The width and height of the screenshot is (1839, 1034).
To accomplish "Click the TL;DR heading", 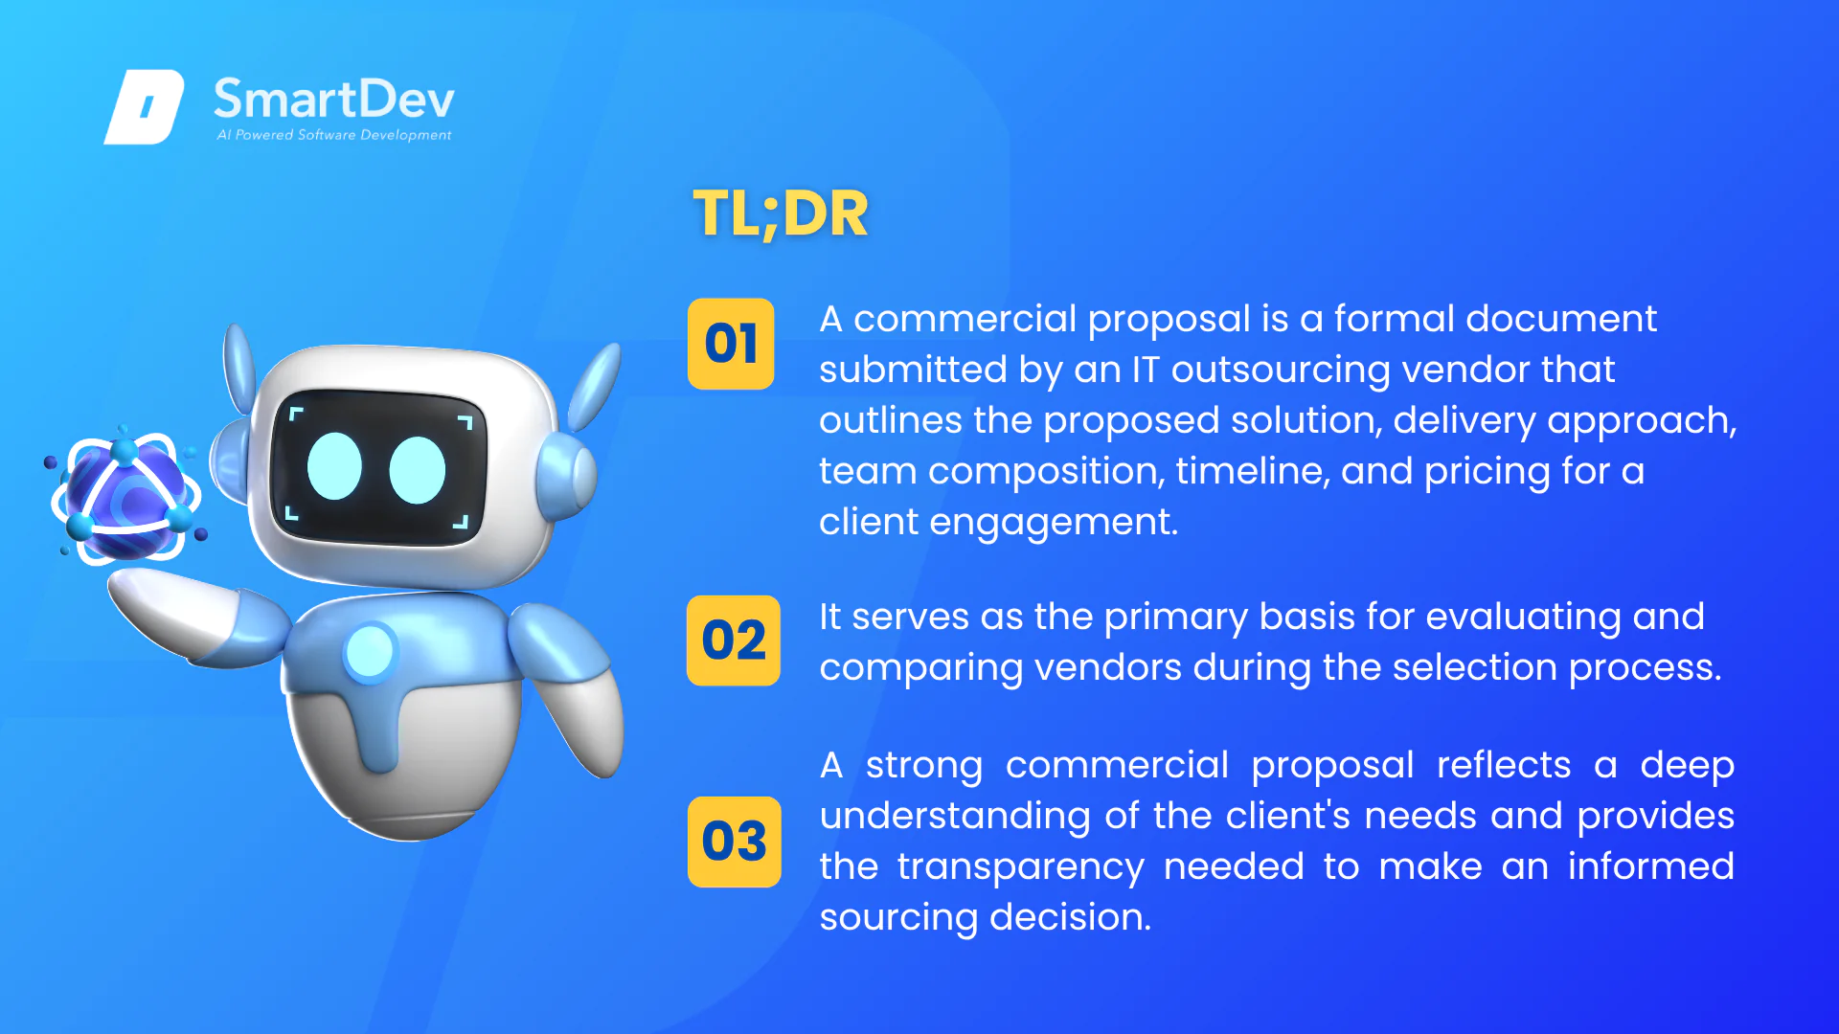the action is (x=781, y=214).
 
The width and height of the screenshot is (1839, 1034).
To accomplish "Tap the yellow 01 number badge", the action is (x=731, y=344).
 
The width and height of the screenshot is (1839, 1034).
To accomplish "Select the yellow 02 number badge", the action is (x=734, y=641).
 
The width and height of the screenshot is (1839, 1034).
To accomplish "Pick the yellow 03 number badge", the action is (x=735, y=842).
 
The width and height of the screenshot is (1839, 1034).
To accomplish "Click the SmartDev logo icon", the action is (x=144, y=106).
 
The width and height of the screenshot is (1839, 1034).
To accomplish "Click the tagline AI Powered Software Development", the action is (x=334, y=135).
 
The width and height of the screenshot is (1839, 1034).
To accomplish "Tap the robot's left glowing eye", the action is (x=334, y=466).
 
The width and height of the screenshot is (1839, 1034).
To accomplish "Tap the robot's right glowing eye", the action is (x=418, y=470).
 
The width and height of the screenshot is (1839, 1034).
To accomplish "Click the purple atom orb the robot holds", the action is (x=125, y=496).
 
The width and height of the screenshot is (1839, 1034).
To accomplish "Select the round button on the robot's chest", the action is (x=370, y=652).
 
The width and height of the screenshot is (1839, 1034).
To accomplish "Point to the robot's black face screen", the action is (x=378, y=467).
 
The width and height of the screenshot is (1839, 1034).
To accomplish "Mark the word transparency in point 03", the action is (x=1021, y=867).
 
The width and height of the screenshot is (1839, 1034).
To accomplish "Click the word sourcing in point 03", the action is (x=898, y=918).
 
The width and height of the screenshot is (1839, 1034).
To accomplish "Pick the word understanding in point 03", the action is (x=955, y=817).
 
